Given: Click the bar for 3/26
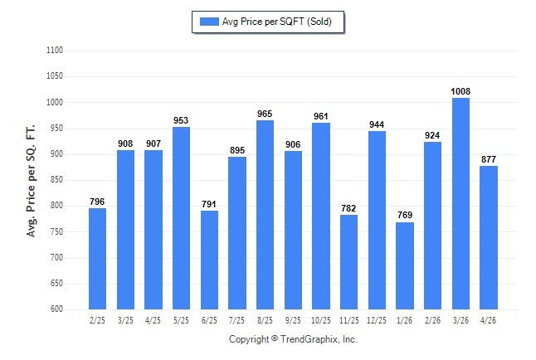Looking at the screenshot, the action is tap(460, 204).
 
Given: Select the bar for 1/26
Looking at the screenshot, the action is tap(405, 266).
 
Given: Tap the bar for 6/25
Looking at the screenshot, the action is tap(209, 260).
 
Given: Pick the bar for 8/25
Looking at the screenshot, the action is tap(265, 215).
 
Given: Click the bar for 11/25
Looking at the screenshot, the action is tap(348, 262).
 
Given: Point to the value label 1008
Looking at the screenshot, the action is tap(460, 91).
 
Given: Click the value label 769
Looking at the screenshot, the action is tap(405, 215).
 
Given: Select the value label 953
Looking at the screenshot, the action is tap(181, 120).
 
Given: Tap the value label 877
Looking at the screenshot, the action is tap(489, 159).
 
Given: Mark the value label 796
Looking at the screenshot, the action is tap(97, 202).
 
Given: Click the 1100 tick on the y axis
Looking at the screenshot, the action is tap(55, 51).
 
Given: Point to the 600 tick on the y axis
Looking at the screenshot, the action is tap(56, 309).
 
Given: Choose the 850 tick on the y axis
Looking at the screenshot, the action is tap(56, 179).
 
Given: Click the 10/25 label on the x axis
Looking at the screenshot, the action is tap(320, 320).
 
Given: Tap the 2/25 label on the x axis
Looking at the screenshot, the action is tap(97, 320).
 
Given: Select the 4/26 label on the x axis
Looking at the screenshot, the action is tap(488, 320).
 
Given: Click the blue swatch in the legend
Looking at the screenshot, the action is tap(209, 22).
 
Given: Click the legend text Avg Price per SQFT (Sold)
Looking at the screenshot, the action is tap(277, 22).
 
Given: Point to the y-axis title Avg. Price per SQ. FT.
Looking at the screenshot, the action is tap(31, 181).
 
